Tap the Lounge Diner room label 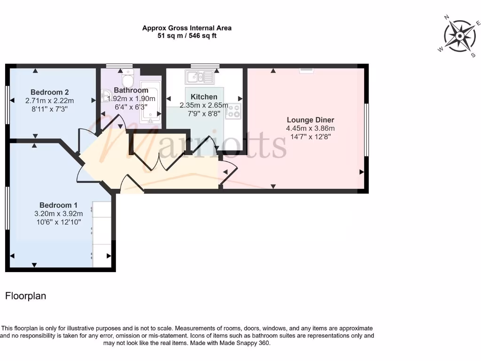310,120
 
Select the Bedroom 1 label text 58,205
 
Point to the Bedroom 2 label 50,92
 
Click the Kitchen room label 204,97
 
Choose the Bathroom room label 131,90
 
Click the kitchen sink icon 200,77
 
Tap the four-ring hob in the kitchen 233,111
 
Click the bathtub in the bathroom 150,101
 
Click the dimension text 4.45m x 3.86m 310,128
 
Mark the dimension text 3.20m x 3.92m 58,213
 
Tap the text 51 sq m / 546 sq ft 187,36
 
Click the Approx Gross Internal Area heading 187,28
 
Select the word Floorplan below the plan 25,296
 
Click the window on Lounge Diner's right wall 366,129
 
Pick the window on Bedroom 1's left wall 7,208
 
